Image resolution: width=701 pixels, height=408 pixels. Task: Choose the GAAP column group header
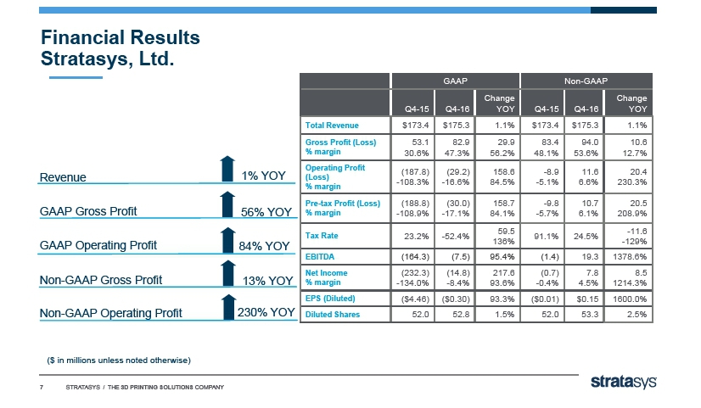pos(454,80)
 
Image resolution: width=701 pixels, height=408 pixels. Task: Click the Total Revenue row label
pos(333,126)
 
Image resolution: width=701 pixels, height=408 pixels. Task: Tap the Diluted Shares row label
pos(332,314)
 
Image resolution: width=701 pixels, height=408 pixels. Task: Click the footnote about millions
pos(118,360)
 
